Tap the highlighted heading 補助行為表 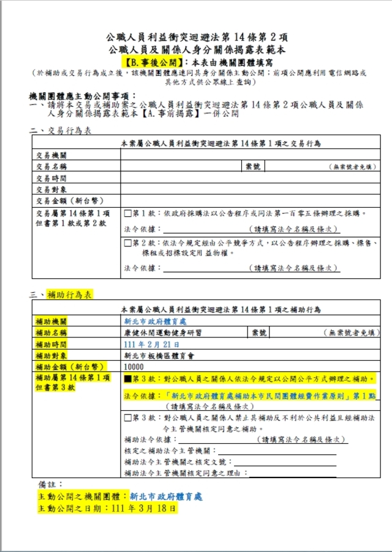point(69,294)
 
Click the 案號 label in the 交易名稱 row point(252,167)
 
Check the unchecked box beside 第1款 point(127,213)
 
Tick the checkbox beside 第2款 point(127,243)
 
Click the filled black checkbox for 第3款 point(127,379)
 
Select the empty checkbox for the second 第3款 point(127,419)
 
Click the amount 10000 point(134,367)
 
